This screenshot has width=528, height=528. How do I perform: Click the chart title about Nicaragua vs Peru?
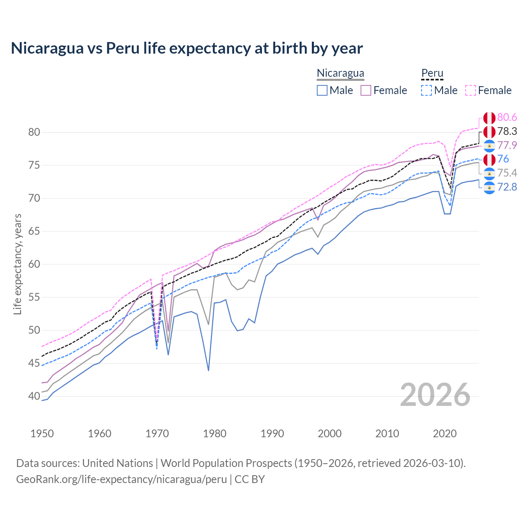coord(186,48)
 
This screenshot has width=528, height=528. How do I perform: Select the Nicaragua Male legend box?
coord(322,90)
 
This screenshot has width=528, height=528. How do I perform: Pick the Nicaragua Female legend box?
coord(366,90)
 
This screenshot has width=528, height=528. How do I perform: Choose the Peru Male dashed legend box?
coord(427,90)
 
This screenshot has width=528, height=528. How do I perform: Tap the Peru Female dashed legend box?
coord(471,90)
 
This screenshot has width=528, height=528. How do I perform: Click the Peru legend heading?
coord(432,73)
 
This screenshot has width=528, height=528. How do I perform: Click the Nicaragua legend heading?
coord(340,73)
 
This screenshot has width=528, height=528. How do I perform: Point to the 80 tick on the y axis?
coord(34,132)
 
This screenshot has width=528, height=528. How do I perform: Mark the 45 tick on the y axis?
coord(34,363)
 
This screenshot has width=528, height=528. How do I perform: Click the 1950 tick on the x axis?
coord(42,434)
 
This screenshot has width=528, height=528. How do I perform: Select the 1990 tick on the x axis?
coord(272,434)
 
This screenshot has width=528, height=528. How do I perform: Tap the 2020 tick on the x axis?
coord(445,434)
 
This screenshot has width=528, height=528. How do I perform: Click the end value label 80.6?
coord(507,118)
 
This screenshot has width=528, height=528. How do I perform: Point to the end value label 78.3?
coord(507,132)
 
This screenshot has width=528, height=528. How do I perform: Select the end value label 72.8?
coord(507,187)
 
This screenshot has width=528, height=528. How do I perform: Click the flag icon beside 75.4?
coord(489,174)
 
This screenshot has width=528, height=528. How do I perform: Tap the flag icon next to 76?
coord(489,160)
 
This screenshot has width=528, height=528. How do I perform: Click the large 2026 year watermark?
coord(435,395)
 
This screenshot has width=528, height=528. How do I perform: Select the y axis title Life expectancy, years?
coord(17,264)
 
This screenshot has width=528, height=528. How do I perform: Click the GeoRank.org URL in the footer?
coord(121,479)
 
